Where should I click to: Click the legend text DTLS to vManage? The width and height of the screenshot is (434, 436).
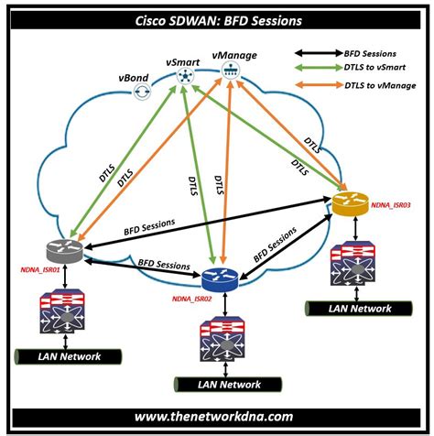pos(378,85)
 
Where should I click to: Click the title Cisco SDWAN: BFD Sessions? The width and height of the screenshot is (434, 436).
pos(216,17)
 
